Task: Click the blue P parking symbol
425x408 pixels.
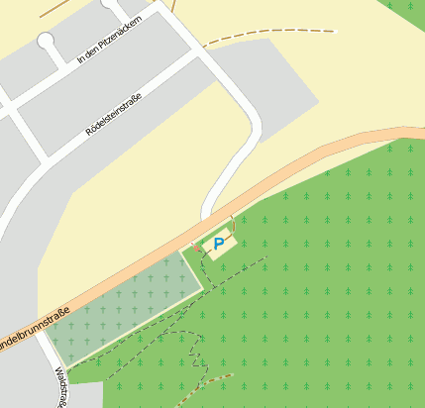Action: pos(219,243)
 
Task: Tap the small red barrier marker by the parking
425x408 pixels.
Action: pos(195,248)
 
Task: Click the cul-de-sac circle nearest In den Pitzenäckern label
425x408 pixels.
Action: pos(46,41)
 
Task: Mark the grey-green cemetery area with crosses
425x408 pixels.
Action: pos(124,301)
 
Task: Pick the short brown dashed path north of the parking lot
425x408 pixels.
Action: pos(233,223)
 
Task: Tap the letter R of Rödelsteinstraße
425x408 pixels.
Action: pos(88,133)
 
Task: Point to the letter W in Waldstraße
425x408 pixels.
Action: pos(56,371)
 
